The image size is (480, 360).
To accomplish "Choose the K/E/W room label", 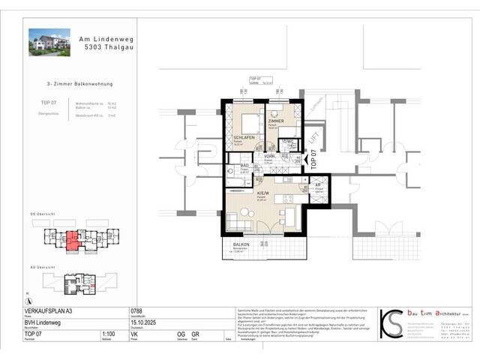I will click(263, 192).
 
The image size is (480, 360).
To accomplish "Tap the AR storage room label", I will click(317, 184).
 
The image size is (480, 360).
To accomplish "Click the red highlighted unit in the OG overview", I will click(72, 241).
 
